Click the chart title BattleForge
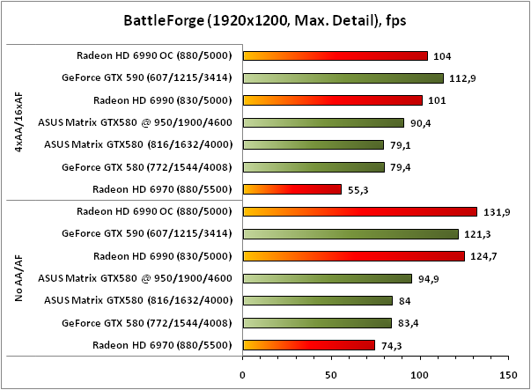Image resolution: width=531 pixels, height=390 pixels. pyautogui.click(x=265, y=18)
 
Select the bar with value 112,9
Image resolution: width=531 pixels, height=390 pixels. pyautogui.click(x=343, y=77)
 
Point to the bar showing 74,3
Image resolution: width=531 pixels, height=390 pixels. pyautogui.click(x=308, y=345)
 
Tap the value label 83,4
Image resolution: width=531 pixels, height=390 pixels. pyautogui.click(x=409, y=323)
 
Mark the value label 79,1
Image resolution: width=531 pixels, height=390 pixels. pyautogui.click(x=402, y=144)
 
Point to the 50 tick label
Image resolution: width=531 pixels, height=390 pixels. pyautogui.click(x=331, y=374)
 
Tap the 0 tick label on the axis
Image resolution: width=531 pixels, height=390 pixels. pyautogui.click(x=243, y=374)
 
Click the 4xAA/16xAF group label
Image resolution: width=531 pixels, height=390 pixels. pyautogui.click(x=18, y=122)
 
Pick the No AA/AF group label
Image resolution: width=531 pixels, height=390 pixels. pyautogui.click(x=18, y=278)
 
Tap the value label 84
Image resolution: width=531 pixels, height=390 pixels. pyautogui.click(x=405, y=301)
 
